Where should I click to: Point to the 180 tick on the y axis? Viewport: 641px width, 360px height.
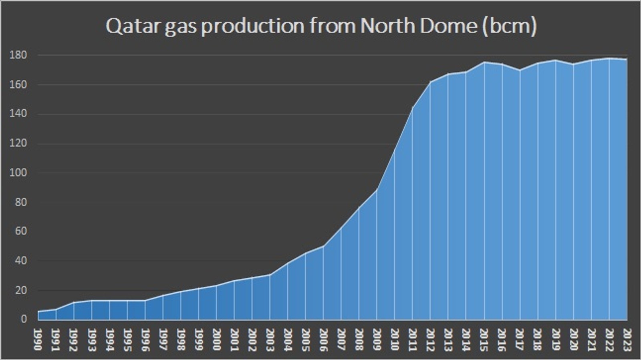[19, 55]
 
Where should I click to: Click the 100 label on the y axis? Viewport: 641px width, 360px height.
[19, 173]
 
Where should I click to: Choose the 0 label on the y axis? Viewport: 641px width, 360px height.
[24, 319]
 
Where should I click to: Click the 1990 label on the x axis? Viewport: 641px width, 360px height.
[38, 339]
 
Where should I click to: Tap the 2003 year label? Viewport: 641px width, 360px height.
[270, 339]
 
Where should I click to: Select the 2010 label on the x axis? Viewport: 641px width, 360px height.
[395, 339]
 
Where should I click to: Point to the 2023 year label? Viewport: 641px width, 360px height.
[627, 339]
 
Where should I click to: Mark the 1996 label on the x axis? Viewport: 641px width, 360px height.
[145, 339]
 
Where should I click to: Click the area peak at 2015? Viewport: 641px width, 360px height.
[484, 62]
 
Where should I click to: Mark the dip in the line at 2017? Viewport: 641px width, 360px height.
[520, 70]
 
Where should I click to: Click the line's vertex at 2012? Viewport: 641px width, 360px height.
[430, 82]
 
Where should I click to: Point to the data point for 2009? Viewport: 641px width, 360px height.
[377, 189]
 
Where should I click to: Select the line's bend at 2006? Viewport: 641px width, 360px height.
[323, 246]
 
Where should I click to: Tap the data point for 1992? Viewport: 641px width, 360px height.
[74, 302]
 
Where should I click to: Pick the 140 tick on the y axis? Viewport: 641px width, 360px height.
[19, 114]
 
